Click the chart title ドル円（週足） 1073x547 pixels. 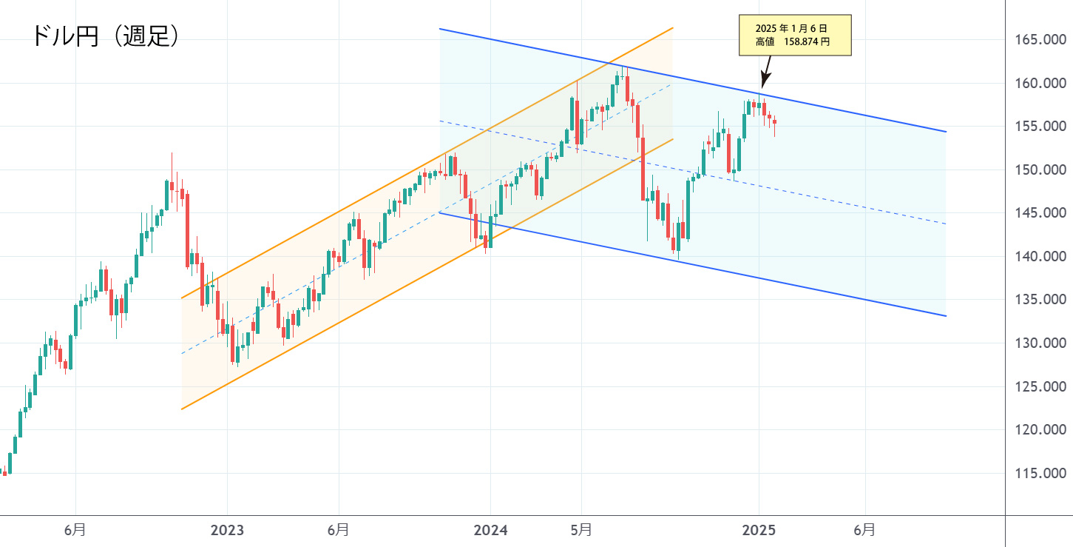[x=105, y=36]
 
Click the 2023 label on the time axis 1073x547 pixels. [x=227, y=530]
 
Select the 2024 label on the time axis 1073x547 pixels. [x=490, y=530]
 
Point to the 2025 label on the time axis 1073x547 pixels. [x=759, y=530]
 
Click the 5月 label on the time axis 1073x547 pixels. [x=580, y=530]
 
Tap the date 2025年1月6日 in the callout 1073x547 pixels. [x=795, y=27]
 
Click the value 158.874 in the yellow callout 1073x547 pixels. [x=807, y=43]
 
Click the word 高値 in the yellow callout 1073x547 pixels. [x=764, y=43]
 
